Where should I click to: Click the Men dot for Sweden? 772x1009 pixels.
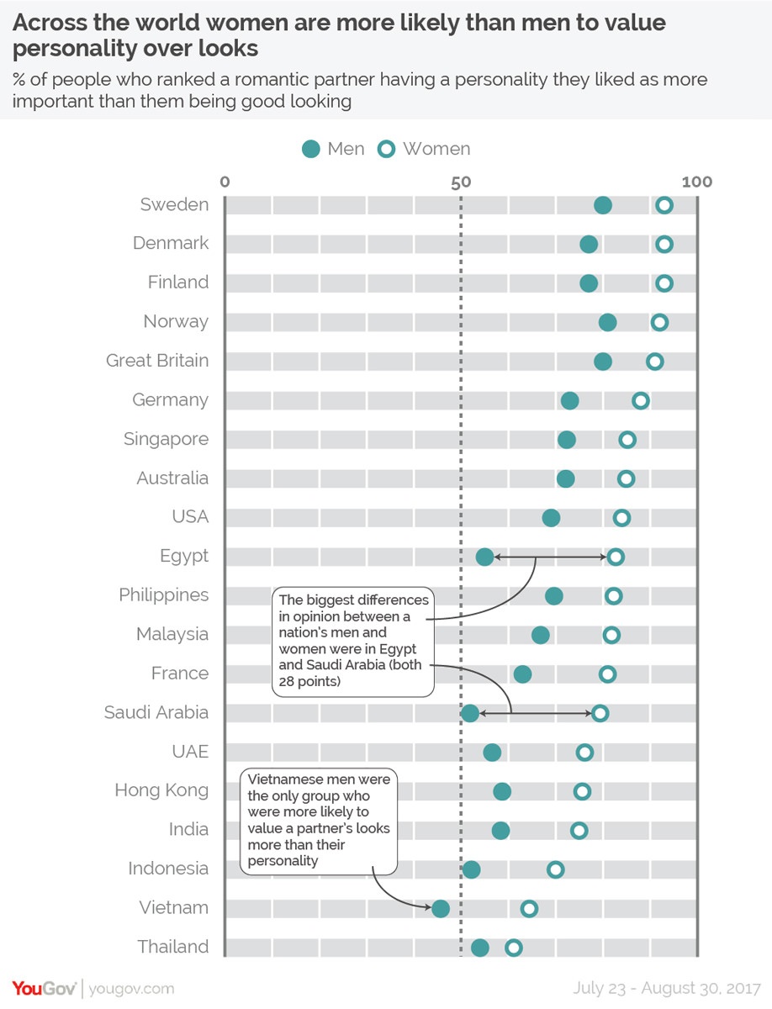click(602, 205)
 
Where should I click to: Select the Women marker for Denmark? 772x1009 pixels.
click(664, 245)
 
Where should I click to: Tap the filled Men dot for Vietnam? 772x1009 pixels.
click(440, 908)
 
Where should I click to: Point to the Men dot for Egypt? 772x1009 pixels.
click(484, 557)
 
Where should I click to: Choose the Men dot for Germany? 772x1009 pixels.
click(569, 401)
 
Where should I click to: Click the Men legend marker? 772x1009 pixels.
click(311, 150)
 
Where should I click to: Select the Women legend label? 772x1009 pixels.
click(436, 149)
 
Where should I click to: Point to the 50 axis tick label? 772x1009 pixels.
click(461, 182)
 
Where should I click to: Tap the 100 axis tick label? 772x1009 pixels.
click(696, 182)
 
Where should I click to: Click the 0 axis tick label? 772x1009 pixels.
click(225, 182)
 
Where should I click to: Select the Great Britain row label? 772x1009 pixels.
click(157, 361)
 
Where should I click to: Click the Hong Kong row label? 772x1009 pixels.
click(161, 790)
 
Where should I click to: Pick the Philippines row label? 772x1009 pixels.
click(164, 594)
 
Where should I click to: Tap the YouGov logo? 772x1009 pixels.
click(44, 988)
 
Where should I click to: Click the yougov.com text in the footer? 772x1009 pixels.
click(131, 989)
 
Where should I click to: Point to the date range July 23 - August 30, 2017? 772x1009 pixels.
click(667, 988)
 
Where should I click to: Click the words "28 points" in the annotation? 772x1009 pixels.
click(309, 681)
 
